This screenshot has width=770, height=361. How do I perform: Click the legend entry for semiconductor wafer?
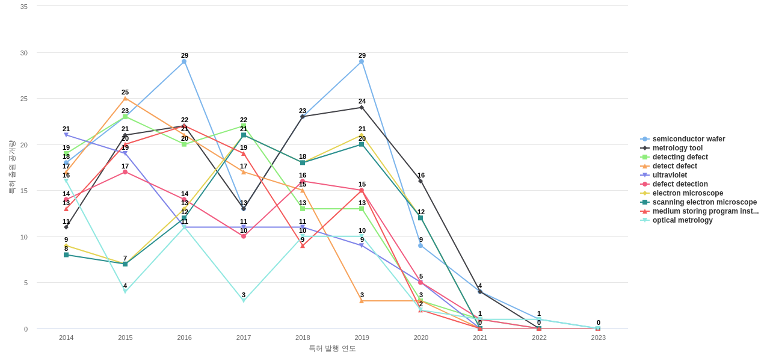pyautogui.click(x=688, y=139)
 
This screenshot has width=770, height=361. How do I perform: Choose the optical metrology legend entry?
pyautogui.click(x=682, y=220)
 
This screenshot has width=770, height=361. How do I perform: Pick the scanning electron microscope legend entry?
pyautogui.click(x=704, y=202)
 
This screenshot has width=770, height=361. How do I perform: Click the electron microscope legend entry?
pyautogui.click(x=688, y=193)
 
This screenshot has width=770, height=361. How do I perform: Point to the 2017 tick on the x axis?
pyautogui.click(x=244, y=338)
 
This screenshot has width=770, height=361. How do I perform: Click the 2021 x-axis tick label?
pyautogui.click(x=480, y=338)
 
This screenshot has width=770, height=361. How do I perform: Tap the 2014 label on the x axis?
pyautogui.click(x=66, y=338)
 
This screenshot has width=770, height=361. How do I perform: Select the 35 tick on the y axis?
pyautogui.click(x=24, y=7)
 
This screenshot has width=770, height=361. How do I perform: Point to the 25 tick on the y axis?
pyautogui.click(x=24, y=99)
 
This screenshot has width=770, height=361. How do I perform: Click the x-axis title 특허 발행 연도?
pyautogui.click(x=332, y=348)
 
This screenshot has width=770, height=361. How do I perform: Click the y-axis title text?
pyautogui.click(x=11, y=167)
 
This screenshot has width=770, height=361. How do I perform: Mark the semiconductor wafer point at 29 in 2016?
pyautogui.click(x=184, y=61)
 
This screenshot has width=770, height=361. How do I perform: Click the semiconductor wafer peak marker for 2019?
pyautogui.click(x=362, y=61)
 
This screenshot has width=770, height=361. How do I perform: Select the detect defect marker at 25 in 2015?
pyautogui.click(x=125, y=98)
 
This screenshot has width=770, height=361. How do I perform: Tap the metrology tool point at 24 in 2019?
pyautogui.click(x=362, y=108)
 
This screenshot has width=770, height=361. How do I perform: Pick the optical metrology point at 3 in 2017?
pyautogui.click(x=244, y=301)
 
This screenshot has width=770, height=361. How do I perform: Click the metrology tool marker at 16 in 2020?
pyautogui.click(x=420, y=181)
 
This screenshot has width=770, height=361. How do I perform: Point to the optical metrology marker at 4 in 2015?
pyautogui.click(x=125, y=292)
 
